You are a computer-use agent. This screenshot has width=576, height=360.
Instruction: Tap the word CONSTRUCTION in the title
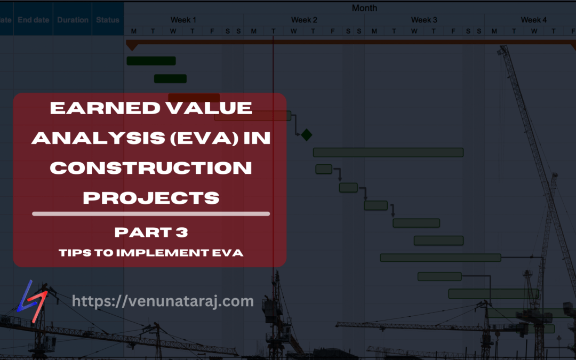(x=151, y=168)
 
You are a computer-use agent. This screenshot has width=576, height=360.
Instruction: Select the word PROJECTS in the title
(x=151, y=198)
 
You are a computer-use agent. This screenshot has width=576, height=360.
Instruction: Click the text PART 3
(x=151, y=233)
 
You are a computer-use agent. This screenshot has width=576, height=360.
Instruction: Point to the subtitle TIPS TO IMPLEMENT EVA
(x=151, y=253)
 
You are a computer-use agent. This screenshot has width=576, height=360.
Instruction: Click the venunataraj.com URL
(x=163, y=301)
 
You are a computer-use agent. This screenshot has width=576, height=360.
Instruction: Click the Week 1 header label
(x=183, y=20)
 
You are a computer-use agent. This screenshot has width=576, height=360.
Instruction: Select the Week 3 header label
(x=424, y=20)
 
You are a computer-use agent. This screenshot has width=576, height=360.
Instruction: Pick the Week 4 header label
(x=533, y=20)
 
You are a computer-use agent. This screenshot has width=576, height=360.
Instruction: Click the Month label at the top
(x=364, y=8)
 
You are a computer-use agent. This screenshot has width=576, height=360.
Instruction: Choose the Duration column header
(x=73, y=20)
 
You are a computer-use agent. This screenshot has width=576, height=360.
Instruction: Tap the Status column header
(x=108, y=20)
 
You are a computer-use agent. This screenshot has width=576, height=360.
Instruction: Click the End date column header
(x=33, y=20)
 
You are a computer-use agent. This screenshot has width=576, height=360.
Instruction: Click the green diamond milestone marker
(x=306, y=135)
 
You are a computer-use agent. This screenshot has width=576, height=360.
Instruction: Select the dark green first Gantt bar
(x=151, y=61)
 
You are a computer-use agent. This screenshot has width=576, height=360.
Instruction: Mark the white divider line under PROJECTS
(x=151, y=214)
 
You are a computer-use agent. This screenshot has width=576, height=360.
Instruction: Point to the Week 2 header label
(x=304, y=20)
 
